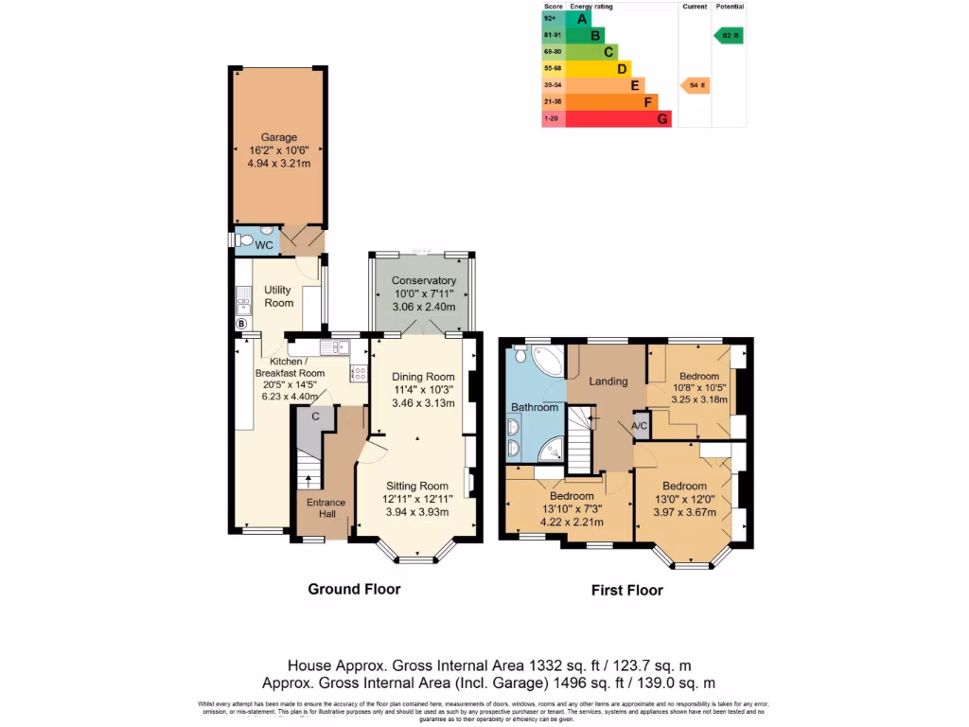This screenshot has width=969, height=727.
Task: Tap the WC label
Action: (264, 245)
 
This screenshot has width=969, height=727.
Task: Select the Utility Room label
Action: (278, 296)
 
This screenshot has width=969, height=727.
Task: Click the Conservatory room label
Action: (424, 281)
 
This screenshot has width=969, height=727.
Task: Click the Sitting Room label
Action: (417, 487)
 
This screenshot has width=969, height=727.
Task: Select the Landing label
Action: (608, 381)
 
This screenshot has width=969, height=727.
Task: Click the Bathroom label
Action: (536, 408)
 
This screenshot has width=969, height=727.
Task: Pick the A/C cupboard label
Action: (640, 426)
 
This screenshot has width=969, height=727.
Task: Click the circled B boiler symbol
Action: (240, 324)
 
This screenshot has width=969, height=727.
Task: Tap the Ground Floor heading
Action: (354, 589)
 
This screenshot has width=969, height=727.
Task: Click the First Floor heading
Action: (626, 591)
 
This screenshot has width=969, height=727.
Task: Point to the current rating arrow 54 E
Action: (695, 85)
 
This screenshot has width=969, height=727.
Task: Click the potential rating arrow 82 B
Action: (728, 35)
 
